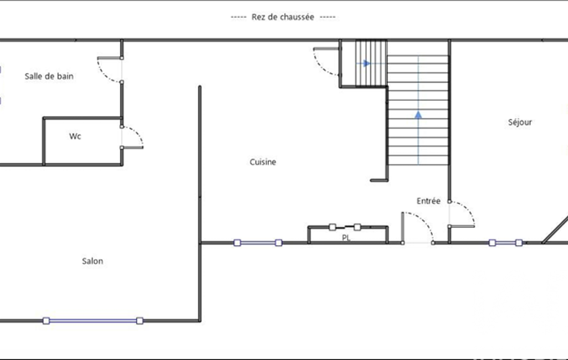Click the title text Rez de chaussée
(283, 17)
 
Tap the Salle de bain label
(49, 76)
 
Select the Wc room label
(75, 136)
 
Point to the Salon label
(93, 261)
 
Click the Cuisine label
(263, 162)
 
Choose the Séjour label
(520, 122)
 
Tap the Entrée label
(428, 201)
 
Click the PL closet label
(346, 238)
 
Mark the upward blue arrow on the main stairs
(418, 115)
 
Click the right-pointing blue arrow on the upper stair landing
(367, 63)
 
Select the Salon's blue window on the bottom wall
(93, 321)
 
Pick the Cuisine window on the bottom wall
(258, 243)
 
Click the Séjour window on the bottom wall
(505, 243)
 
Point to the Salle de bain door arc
(104, 75)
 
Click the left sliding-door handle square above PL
(332, 227)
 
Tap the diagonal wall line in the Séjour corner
(555, 230)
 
